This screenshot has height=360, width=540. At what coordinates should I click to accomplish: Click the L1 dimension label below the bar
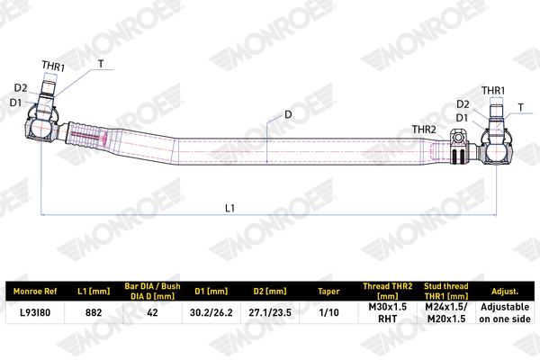pos(229,208)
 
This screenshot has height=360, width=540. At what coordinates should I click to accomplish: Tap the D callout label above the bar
pos(288,114)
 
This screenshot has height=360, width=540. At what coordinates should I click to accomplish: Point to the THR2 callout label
pos(424,130)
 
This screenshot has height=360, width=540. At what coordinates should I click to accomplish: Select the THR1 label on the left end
pos(53,66)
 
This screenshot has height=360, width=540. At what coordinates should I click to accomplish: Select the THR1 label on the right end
pos(493,91)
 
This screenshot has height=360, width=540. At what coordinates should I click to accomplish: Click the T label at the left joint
pos(101,64)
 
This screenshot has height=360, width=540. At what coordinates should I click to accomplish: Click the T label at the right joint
pos(521,107)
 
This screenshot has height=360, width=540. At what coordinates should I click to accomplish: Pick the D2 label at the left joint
pos(21,88)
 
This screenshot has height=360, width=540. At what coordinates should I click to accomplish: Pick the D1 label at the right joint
pos(463,118)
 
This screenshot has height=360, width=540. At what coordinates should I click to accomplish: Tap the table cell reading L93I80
pos(35,312)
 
